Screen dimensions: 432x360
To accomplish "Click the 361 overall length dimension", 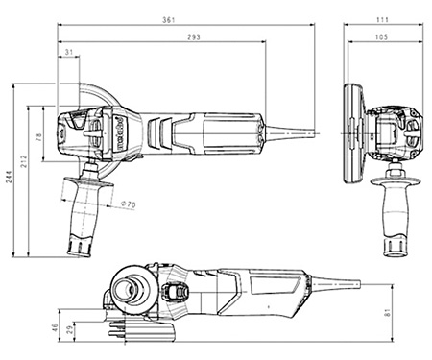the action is point(169,20).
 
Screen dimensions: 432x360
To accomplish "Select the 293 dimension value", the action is point(194,37).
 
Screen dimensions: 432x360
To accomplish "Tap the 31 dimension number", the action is point(69,52).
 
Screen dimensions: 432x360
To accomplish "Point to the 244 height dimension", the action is point(9,177).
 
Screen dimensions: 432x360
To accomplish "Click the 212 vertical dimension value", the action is point(24,161).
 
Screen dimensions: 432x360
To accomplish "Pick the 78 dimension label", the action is point(38,137).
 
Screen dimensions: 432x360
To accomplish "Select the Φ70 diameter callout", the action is point(129,204).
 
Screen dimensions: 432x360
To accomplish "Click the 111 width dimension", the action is point(382,20).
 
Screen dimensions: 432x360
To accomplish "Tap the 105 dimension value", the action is point(381,37).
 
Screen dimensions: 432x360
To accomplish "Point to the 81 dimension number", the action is point(387,313).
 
